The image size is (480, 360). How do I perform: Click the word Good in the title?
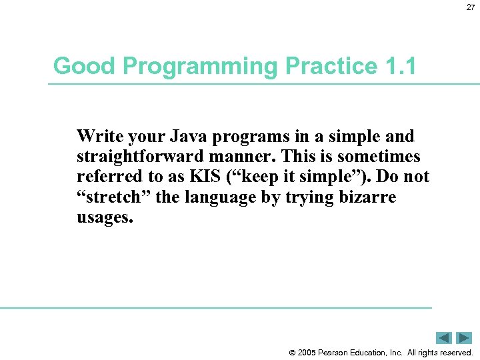pyautogui.click(x=76, y=66)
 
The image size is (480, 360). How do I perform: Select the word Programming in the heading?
pyautogui.click(x=191, y=66)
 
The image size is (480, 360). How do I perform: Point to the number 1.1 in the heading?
pyautogui.click(x=400, y=66)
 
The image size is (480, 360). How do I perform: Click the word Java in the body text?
pyautogui.click(x=186, y=137)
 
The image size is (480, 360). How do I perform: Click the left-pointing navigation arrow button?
pyautogui.click(x=445, y=338)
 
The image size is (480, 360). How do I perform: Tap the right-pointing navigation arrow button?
pyautogui.click(x=464, y=338)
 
